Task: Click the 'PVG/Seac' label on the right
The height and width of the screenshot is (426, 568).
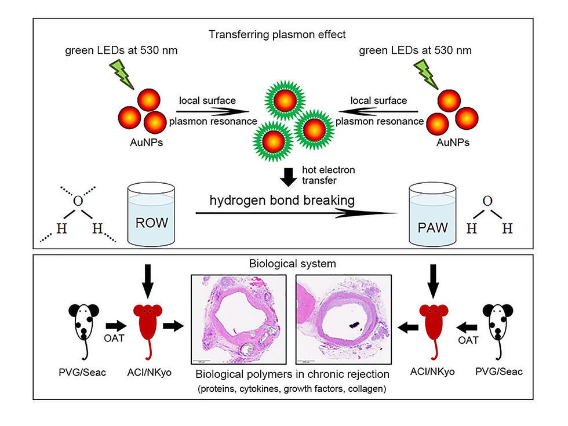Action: point(498,372)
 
